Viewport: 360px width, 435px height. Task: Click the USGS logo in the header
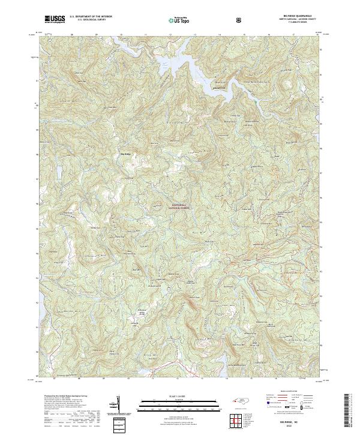(x=55, y=19)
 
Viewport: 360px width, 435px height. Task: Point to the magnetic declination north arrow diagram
(x=118, y=404)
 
